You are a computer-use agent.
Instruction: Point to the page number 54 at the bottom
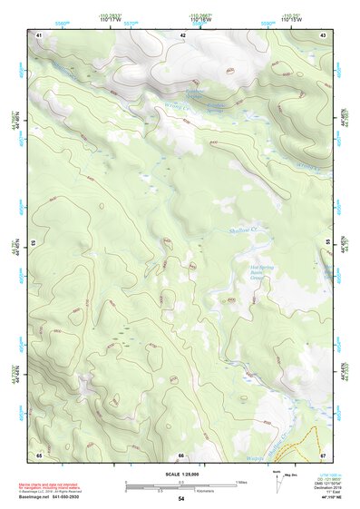pyautogui.click(x=181, y=499)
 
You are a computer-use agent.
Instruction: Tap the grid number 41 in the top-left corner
pyautogui.click(x=39, y=34)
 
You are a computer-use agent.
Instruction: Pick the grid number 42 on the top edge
pyautogui.click(x=182, y=34)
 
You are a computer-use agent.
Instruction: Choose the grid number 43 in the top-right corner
pyautogui.click(x=323, y=34)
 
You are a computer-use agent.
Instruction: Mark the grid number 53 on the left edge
pyautogui.click(x=34, y=243)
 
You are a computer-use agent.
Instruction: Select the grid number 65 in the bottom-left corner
pyautogui.click(x=39, y=455)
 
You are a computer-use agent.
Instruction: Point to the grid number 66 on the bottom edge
pyautogui.click(x=181, y=455)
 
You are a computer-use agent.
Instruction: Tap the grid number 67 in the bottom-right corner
pyautogui.click(x=323, y=455)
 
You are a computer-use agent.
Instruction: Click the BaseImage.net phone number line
pyautogui.click(x=63, y=497)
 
